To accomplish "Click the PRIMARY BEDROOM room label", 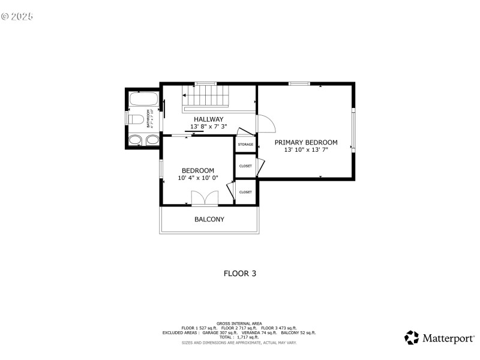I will (x=306, y=142).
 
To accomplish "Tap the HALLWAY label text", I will (x=208, y=119).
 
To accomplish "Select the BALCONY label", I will (x=209, y=220).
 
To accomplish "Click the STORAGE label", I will (x=245, y=145).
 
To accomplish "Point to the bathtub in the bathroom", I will (x=143, y=99).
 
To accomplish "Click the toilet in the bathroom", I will (x=136, y=119).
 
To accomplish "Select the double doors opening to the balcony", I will (x=204, y=199).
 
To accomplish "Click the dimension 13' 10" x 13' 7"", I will (x=306, y=150).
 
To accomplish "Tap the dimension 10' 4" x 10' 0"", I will (x=198, y=178).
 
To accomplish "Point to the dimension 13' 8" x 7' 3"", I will (x=208, y=127).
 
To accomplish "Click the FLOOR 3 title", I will (x=240, y=274).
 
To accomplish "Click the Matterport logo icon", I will (x=412, y=337).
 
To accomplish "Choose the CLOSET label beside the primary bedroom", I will (x=245, y=166).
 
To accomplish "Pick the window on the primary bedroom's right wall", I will (x=353, y=130).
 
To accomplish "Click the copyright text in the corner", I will (x=17, y=16).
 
